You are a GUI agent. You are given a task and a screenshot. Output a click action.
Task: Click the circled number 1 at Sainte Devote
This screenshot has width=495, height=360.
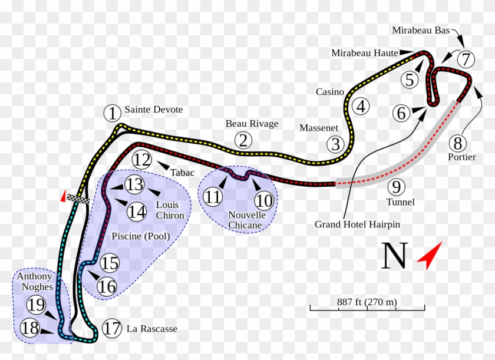[x=113, y=113]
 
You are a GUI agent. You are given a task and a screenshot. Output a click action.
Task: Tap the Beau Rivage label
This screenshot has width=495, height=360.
[x=252, y=123]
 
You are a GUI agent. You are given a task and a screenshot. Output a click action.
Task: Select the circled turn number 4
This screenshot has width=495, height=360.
[x=361, y=106]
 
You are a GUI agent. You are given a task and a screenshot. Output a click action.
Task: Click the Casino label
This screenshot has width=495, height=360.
[x=330, y=92]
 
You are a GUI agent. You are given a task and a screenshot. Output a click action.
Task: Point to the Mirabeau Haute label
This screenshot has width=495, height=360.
[x=365, y=53]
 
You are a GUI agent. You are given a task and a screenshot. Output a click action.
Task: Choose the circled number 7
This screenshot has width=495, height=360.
[x=466, y=59]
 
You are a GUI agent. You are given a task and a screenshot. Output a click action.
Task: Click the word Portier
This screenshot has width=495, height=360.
[x=462, y=157]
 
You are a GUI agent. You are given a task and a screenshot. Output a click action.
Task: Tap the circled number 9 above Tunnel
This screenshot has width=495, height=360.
[x=396, y=187]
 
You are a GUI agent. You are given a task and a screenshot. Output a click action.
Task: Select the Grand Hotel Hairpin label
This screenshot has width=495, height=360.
[x=357, y=224]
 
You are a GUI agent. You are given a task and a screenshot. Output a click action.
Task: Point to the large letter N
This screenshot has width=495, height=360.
[x=395, y=255]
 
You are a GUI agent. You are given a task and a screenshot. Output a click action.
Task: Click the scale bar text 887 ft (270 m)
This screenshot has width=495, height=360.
[x=367, y=302]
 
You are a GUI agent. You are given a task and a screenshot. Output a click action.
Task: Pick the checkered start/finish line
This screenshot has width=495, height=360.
[x=78, y=199]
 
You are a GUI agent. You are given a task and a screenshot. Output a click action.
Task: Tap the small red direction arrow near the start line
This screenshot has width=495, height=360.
[x=64, y=196]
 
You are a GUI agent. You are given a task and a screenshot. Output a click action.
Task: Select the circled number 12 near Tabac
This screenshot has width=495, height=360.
[x=142, y=160]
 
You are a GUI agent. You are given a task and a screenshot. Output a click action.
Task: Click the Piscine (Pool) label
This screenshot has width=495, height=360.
[x=141, y=236]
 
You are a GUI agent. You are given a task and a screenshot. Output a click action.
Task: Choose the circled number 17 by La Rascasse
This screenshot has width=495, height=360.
[x=112, y=328]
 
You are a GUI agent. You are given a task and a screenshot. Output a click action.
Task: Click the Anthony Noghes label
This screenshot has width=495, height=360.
[x=35, y=282]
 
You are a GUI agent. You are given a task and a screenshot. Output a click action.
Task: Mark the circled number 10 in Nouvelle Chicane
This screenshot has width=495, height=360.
[x=264, y=201]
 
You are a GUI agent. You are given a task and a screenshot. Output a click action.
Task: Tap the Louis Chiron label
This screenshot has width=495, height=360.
[x=170, y=210]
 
